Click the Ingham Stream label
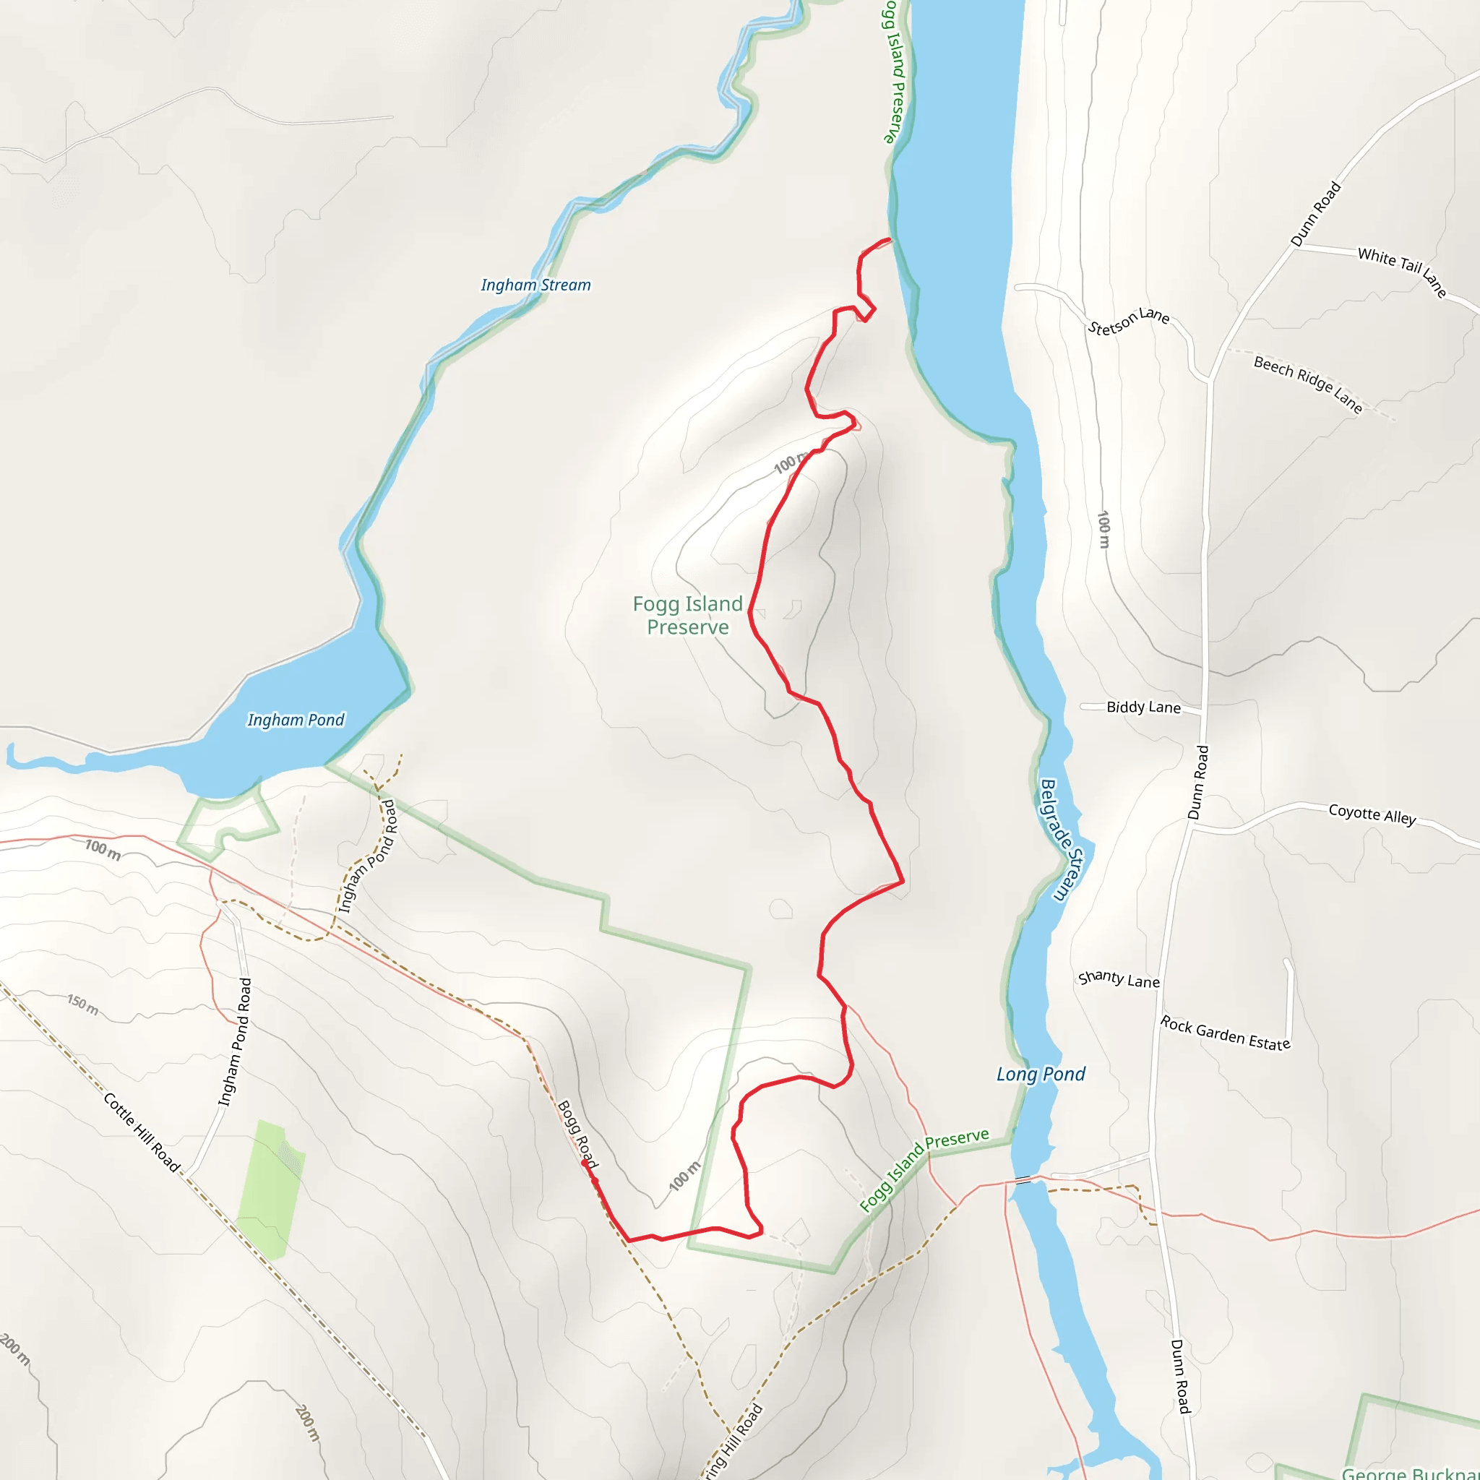point(535,285)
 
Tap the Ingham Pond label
point(296,720)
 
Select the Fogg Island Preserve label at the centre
point(687,615)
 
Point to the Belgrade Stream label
point(1059,840)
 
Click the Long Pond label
point(1041,1074)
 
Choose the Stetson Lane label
point(1128,321)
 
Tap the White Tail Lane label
point(1402,270)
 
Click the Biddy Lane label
point(1143,707)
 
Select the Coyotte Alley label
point(1372,814)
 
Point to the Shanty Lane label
point(1119,979)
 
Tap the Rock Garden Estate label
point(1225,1033)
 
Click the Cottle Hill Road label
point(142,1133)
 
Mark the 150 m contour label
point(82,1004)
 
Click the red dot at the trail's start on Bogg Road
point(585,1163)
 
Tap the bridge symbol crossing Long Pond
point(1023,1181)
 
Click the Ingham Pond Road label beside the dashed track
point(369,856)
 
